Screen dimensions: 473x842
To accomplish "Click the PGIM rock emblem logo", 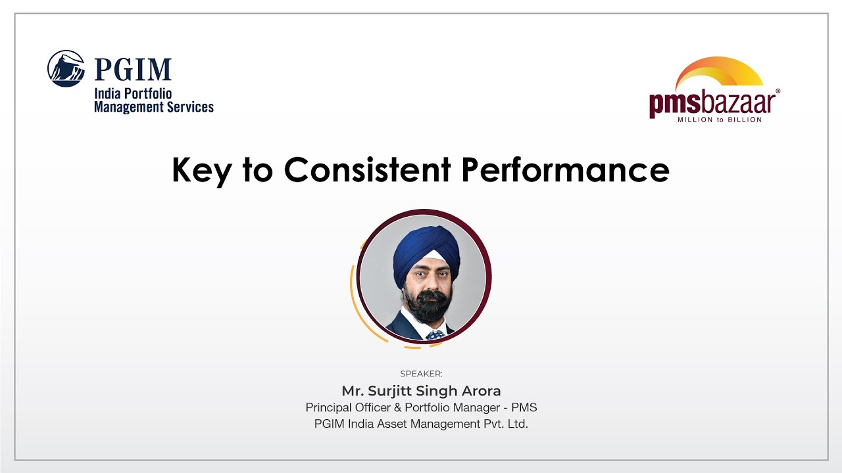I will pos(66,68).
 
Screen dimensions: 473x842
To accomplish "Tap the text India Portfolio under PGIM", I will pos(133,94).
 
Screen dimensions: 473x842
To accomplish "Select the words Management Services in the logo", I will pos(154,106).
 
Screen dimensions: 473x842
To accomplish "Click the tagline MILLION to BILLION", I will pos(720,120).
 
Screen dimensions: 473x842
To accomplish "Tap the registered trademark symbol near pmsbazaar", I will pos(778,92).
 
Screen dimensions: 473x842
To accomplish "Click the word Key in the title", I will pos(202,170).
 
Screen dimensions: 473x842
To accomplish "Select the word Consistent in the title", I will pos(367,170).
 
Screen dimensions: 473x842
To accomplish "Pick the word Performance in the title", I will pos(565,170).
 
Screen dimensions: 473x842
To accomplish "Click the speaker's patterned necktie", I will pos(434,335).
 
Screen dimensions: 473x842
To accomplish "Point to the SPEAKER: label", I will pos(421,374).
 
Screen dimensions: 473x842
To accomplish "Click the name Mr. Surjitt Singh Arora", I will pos(421,392).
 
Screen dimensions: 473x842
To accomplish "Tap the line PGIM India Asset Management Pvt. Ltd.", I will pos(421,424).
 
